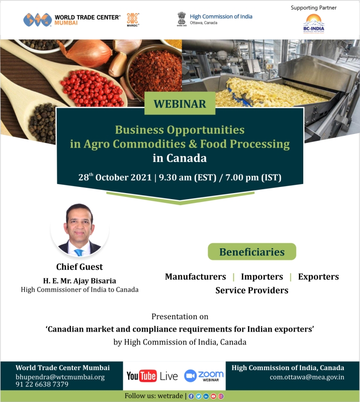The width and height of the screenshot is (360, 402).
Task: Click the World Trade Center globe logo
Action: (37, 20)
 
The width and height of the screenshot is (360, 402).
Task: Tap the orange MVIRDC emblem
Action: (133, 18)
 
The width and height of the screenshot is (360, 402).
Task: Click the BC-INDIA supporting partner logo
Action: (314, 23)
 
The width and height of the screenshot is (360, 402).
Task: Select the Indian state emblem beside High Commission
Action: (181, 18)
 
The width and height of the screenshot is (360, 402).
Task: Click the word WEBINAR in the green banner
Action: (180, 104)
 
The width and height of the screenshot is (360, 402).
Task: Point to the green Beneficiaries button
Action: (252, 252)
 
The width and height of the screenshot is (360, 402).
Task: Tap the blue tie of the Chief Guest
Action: (79, 252)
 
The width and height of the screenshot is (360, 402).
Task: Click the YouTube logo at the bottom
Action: (142, 376)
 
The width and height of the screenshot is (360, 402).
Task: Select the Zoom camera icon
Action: (190, 376)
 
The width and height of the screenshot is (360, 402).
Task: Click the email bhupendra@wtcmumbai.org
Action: (60, 377)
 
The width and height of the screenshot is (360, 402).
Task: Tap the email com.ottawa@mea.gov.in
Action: (307, 377)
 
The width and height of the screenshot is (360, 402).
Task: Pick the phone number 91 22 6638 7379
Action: (42, 384)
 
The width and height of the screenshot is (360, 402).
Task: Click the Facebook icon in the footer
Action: (191, 396)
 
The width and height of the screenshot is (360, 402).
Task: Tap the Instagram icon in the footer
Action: (221, 396)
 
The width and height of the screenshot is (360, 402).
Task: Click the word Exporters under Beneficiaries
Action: (318, 276)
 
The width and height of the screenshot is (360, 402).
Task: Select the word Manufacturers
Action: (195, 276)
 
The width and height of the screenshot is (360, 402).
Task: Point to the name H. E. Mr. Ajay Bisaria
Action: (80, 281)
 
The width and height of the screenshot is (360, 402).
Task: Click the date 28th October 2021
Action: (115, 177)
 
